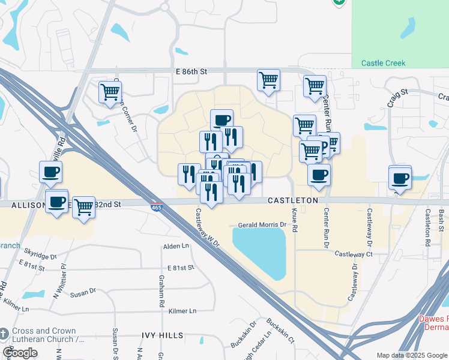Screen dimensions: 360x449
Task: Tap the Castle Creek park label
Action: pos(383,63)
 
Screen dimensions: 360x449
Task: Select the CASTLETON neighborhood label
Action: pos(292,200)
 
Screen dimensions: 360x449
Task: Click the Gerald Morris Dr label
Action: pos(262,225)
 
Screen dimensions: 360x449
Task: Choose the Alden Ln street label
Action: pos(176,246)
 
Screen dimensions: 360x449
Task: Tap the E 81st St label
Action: pos(182,268)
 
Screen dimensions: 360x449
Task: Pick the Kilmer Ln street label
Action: pos(182,311)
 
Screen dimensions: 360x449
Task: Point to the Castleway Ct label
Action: pos(354,254)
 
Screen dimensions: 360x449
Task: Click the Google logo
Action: pos(20,353)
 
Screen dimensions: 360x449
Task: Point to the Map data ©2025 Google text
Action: pos(411,355)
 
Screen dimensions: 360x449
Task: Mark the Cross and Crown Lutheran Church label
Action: pos(42,335)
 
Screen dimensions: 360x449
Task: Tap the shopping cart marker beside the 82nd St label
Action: pos(83,207)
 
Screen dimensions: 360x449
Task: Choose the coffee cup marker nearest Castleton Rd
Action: pos(400,178)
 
